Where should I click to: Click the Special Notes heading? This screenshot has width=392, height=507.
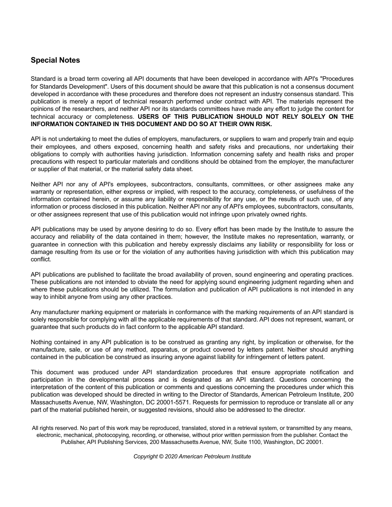click(55, 60)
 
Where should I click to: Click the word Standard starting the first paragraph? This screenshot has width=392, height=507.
click(43, 79)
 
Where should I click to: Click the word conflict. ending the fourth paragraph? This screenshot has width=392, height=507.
click(41, 259)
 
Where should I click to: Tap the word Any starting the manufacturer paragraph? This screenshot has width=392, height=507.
click(36, 312)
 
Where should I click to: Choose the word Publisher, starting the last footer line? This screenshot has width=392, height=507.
click(73, 442)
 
